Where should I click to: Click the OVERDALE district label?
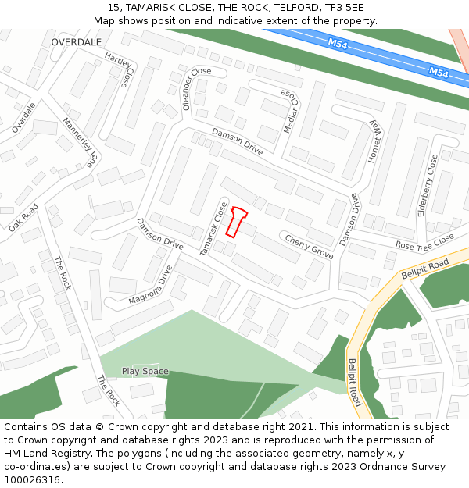pyautogui.click(x=77, y=41)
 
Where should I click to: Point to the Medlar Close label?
pyautogui.click(x=290, y=110)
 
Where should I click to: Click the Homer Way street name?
pyautogui.click(x=374, y=137)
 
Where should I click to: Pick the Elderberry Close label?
pyautogui.click(x=428, y=185)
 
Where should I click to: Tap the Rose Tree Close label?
pyautogui.click(x=424, y=241)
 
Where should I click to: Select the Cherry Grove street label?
pyautogui.click(x=309, y=246)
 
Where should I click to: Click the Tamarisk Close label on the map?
pyautogui.click(x=213, y=229)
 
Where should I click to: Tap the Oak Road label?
pyautogui.click(x=23, y=218)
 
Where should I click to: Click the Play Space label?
pyautogui.click(x=145, y=371)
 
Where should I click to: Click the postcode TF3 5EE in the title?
pyautogui.click(x=345, y=7)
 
